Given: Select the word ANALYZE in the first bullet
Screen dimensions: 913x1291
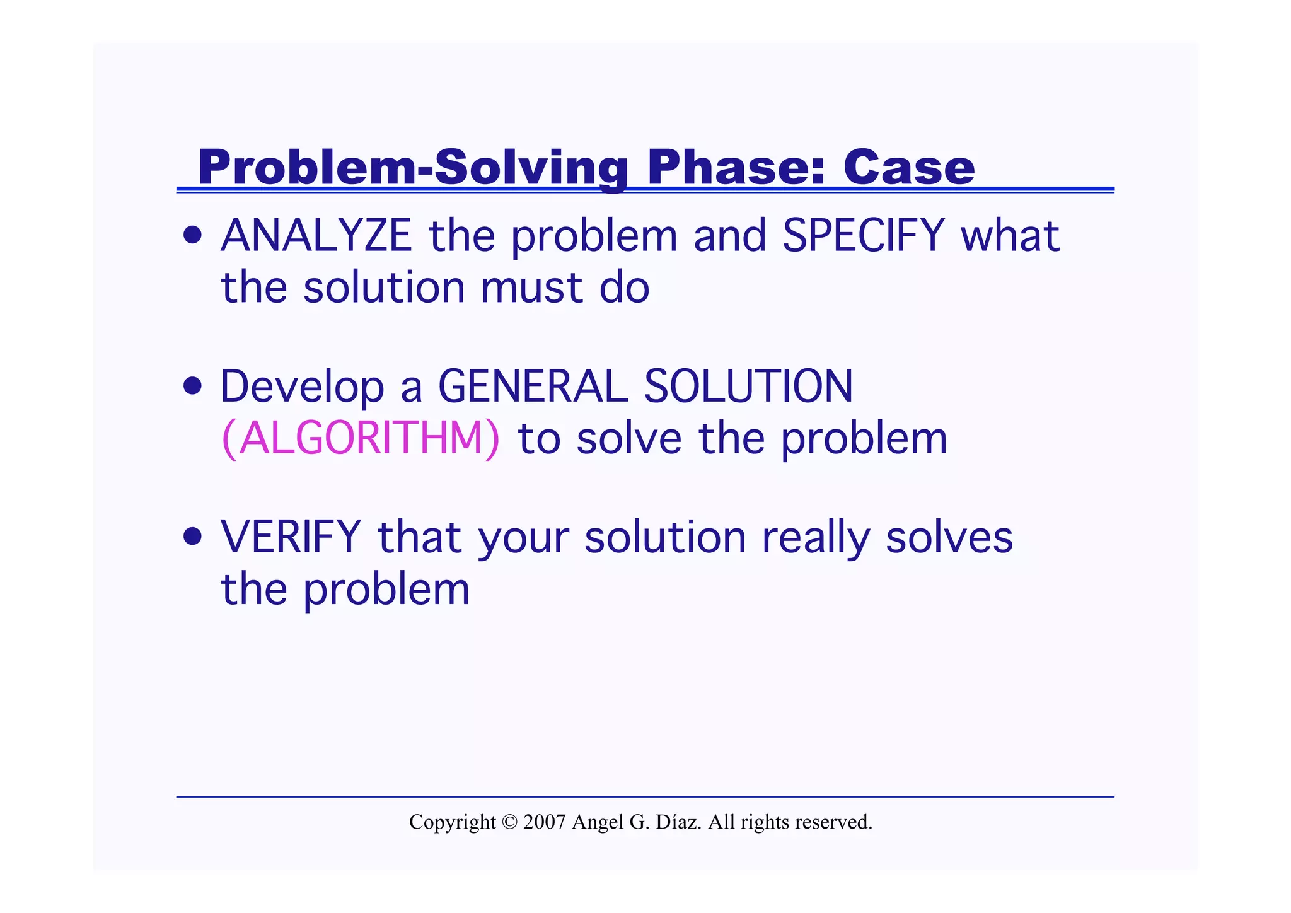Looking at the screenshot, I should [x=316, y=236].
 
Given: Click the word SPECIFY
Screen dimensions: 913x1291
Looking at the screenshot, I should [x=863, y=236].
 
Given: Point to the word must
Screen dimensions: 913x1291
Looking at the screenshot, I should [x=531, y=288].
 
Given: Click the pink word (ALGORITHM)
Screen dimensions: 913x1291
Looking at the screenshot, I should [x=361, y=438].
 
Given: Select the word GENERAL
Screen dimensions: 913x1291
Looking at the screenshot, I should [x=533, y=387].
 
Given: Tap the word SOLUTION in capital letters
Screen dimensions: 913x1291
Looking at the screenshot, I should [x=748, y=387].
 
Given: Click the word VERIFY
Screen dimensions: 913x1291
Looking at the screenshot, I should [x=291, y=537].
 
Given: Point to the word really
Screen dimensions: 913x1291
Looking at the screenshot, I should [x=816, y=538].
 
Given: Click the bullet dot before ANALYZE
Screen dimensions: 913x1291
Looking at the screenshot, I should [x=192, y=236].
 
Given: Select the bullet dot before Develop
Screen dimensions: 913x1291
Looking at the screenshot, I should [x=192, y=385].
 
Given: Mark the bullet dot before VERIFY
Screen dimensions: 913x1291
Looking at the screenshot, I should [x=192, y=537].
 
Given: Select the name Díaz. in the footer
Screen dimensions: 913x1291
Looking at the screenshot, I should [x=678, y=822].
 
